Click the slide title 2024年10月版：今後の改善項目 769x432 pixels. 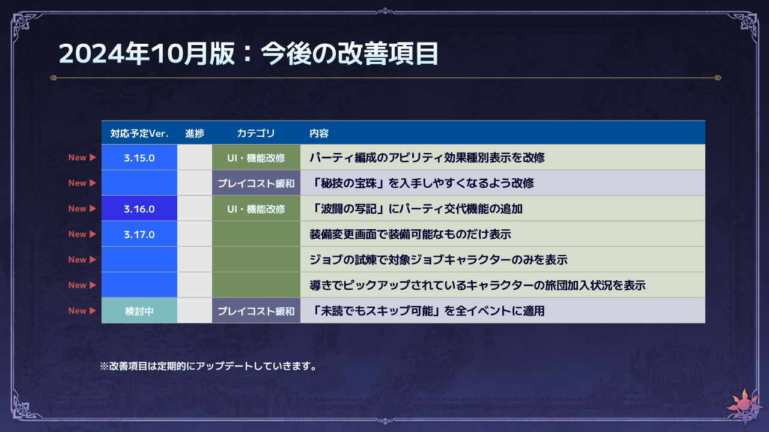click(249, 53)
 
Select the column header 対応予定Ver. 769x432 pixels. click(139, 133)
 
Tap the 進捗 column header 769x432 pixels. click(195, 133)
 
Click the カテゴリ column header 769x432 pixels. click(256, 133)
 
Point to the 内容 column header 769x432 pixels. click(319, 133)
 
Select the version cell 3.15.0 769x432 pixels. click(139, 158)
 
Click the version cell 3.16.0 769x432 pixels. click(139, 209)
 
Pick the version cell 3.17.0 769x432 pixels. click(139, 235)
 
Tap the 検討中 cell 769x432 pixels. click(139, 311)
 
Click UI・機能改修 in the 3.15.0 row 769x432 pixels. click(256, 158)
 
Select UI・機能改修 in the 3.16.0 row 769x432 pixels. click(256, 209)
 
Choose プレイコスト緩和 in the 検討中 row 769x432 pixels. click(256, 311)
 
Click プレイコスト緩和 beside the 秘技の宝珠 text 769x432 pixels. click(256, 184)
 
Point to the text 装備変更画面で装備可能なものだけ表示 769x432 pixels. click(410, 234)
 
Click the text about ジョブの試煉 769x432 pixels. click(439, 260)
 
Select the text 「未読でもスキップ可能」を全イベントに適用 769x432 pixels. click(427, 311)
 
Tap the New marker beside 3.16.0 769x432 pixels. click(82, 208)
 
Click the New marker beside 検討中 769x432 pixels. click(82, 311)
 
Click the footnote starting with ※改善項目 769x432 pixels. click(208, 366)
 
